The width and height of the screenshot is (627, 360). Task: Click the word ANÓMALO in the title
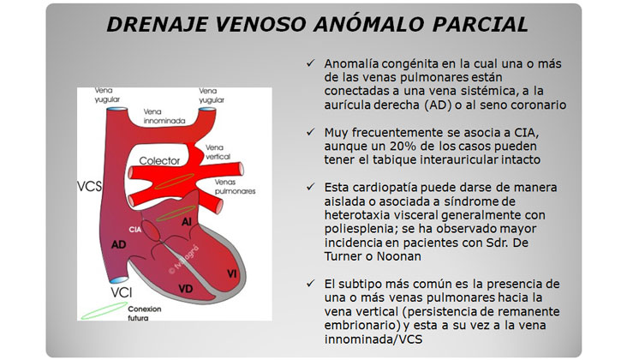369,24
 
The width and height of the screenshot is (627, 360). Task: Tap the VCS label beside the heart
90,186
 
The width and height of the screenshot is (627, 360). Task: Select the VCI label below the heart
122,292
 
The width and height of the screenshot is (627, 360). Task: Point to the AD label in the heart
119,244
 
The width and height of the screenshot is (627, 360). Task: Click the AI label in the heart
187,222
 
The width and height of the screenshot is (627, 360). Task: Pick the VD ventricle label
186,288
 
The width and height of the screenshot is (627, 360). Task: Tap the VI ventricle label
231,273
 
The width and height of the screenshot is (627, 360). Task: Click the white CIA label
135,230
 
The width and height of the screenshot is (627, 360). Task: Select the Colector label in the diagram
159,161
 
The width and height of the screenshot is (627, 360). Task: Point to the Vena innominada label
164,116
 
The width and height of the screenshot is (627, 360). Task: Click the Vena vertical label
218,152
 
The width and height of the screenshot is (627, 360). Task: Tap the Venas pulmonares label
235,187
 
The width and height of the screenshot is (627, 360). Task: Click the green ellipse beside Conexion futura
104,311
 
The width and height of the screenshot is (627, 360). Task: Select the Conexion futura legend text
145,313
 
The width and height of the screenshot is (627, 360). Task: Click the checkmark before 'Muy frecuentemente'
311,132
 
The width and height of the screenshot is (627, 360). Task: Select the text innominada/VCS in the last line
373,339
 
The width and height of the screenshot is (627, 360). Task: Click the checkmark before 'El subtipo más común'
311,283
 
